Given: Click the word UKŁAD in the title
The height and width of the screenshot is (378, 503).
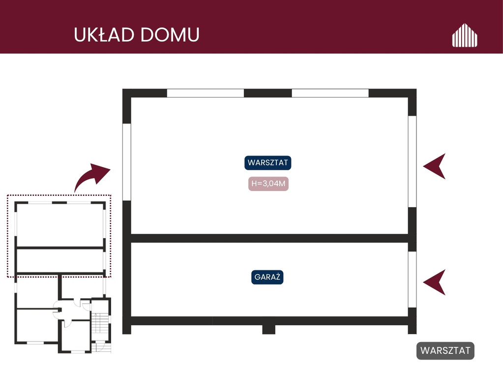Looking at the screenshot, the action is [x=104, y=34].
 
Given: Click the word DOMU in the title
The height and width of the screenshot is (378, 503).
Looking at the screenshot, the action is [x=170, y=34].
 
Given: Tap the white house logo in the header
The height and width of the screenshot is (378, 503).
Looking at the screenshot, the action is [x=465, y=35].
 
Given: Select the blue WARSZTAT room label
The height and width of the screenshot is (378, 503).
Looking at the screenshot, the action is [x=268, y=163].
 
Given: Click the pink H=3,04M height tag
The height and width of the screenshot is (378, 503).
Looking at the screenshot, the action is [x=268, y=184].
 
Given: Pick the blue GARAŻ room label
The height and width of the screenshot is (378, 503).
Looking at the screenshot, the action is [x=267, y=277].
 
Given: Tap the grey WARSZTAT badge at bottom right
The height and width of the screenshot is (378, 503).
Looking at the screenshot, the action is [x=445, y=350].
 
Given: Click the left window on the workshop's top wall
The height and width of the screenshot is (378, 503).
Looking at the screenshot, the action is [x=206, y=93].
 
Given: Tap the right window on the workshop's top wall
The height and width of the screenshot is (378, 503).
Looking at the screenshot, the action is [x=330, y=93].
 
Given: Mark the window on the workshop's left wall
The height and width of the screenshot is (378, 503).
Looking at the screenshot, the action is [x=127, y=162].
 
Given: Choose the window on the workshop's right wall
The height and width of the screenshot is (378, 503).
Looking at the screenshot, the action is [x=412, y=161].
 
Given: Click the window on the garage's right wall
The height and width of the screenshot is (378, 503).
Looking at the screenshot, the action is [x=412, y=280].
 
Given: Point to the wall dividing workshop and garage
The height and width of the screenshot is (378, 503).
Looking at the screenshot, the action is [x=269, y=238].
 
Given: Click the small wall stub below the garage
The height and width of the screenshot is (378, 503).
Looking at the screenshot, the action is [x=269, y=329].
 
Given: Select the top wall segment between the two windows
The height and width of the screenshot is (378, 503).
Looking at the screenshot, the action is [x=268, y=93].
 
